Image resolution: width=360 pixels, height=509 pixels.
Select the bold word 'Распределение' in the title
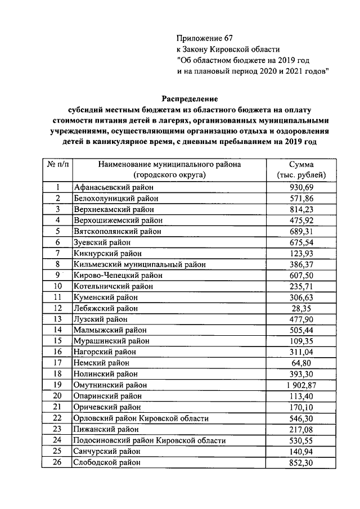pos(190,98)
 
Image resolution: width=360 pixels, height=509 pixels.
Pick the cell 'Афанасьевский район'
pos(113,187)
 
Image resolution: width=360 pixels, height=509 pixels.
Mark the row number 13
pos(57,319)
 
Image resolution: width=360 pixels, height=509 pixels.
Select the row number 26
pos(57,462)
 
